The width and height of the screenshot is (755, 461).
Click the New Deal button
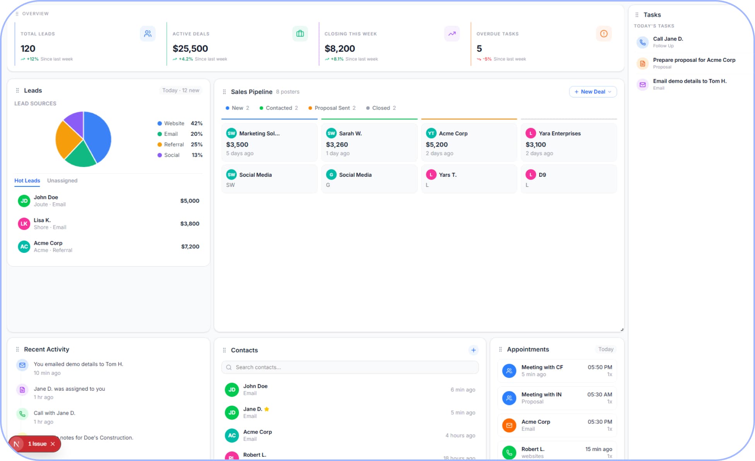pyautogui.click(x=593, y=92)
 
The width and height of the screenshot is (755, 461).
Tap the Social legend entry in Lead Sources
pyautogui.click(x=171, y=155)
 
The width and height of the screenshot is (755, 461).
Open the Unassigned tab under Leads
pyautogui.click(x=62, y=181)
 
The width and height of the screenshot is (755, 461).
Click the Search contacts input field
pyautogui.click(x=350, y=367)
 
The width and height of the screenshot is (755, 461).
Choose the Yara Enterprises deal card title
pyautogui.click(x=560, y=133)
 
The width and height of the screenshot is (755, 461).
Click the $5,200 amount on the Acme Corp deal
pyautogui.click(x=437, y=145)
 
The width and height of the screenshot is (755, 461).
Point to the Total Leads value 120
pyautogui.click(x=28, y=49)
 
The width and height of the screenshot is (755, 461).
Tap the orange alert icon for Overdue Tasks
pyautogui.click(x=604, y=34)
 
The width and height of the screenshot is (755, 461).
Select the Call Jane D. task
pyautogui.click(x=668, y=39)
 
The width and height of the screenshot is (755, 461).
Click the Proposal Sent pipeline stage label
pyautogui.click(x=332, y=108)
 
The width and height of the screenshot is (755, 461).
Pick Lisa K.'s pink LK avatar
pyautogui.click(x=24, y=224)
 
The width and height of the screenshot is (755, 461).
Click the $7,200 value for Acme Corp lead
pyautogui.click(x=190, y=246)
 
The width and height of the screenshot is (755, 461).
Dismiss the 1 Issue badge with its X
pyautogui.click(x=53, y=444)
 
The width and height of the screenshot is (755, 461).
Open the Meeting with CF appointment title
pyautogui.click(x=542, y=367)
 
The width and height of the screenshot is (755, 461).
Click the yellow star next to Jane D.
pyautogui.click(x=266, y=409)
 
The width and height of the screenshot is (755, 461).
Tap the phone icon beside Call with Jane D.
pyautogui.click(x=22, y=414)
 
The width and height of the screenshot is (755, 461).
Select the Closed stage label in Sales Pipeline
pyautogui.click(x=381, y=108)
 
